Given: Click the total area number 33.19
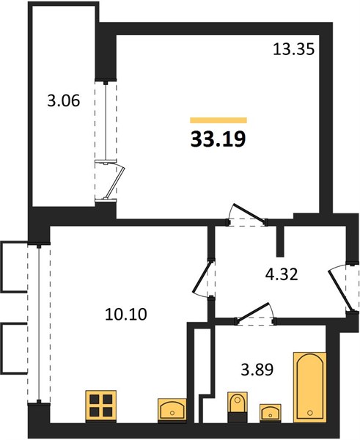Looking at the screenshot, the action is pos(218,139).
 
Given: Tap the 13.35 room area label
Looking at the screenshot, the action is pos(294,50).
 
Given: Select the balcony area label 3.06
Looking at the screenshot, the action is pos(64,100).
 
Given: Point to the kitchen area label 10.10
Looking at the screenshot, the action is pos(126,315).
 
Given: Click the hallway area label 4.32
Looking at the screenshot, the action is pos(282,274).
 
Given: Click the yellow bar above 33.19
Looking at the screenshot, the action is pos(218,120).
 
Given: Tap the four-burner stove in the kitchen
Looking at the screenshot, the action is pos(101,406).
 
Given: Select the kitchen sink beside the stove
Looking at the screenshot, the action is pos(172,411).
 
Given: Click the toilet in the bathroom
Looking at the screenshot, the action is pos(238,407).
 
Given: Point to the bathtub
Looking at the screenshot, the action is pos(309,387).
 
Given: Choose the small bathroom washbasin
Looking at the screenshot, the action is pos(271,412).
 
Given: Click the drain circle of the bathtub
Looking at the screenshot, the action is pos(309,413).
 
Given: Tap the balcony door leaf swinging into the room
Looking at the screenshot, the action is pos(114,182).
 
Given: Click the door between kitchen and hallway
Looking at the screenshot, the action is pos(202,277).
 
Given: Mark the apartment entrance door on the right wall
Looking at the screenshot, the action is pos(339,290).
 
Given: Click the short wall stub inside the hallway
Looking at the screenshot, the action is pos(280,241).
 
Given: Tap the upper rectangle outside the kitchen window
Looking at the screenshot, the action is pos(14,267).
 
